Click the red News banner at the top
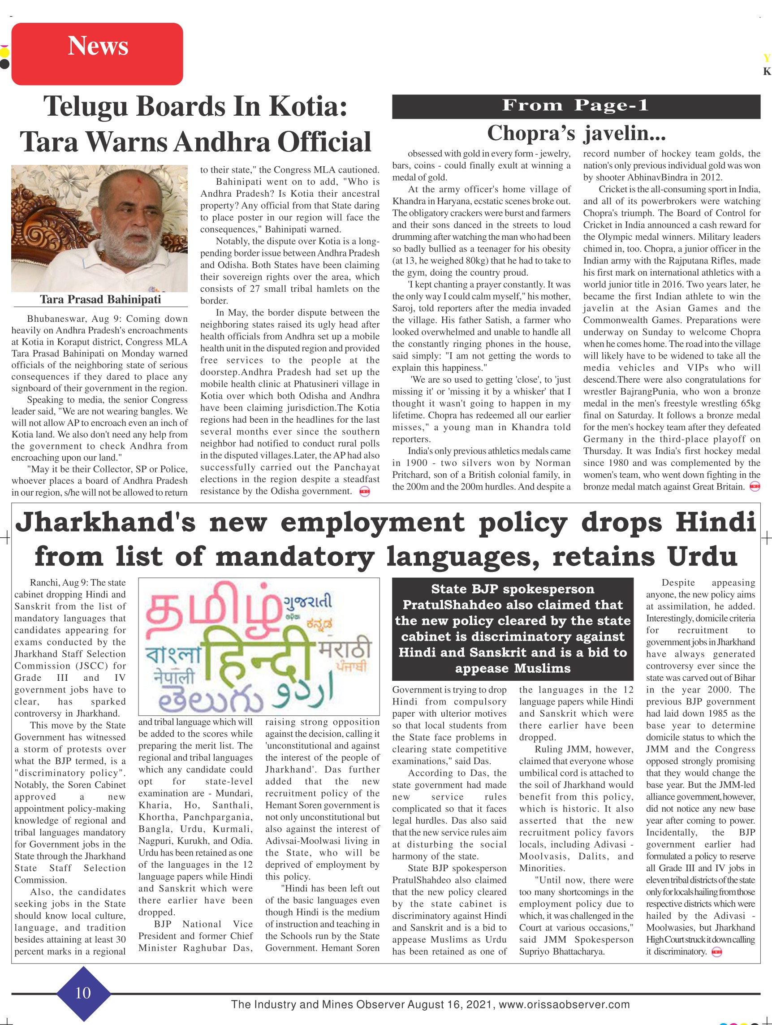point(97,53)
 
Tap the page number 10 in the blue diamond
point(83,993)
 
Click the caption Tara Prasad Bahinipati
point(100,299)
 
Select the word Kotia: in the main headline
point(308,107)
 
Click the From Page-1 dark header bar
point(576,106)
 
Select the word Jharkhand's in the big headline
point(106,522)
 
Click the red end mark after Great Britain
point(755,487)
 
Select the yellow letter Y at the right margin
point(767,58)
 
